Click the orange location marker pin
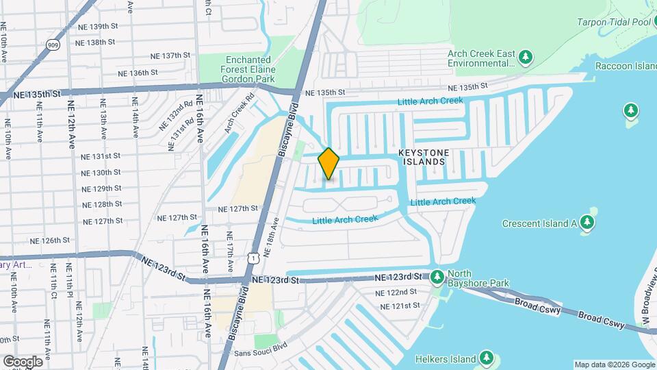tap(328, 164)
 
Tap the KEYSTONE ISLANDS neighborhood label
tap(422, 156)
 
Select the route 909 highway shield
tap(52, 45)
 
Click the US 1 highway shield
tap(254, 258)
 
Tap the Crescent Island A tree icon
tap(586, 223)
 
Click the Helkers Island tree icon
tap(486, 358)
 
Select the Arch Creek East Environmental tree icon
tap(526, 58)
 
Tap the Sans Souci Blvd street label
tap(258, 352)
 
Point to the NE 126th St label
tap(50, 241)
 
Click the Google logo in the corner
tap(23, 361)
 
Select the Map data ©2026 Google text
tap(613, 365)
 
